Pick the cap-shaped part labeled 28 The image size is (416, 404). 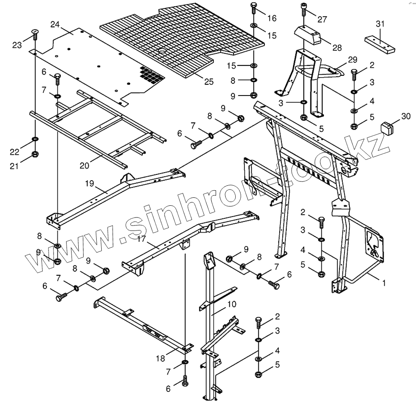(307, 34)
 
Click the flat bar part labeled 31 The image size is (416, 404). (380, 44)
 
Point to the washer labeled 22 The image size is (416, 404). (35, 139)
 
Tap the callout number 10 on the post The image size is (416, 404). (232, 303)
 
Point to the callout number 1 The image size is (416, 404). (384, 282)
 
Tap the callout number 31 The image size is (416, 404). (380, 24)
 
